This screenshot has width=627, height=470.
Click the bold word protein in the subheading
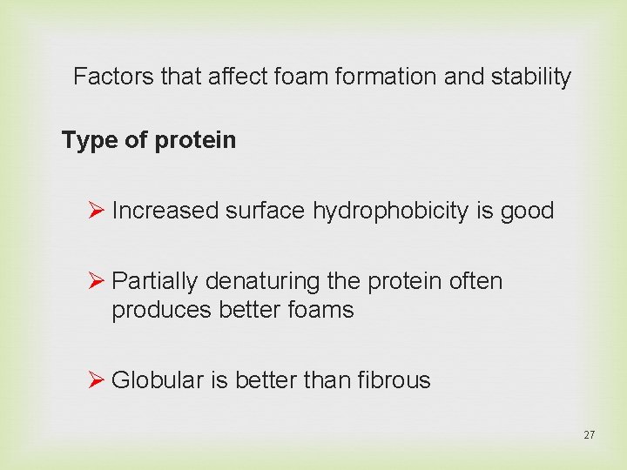196,141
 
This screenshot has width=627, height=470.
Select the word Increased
165,211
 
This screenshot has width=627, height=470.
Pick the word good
527,211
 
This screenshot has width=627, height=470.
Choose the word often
474,281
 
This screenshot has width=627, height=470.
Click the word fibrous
394,379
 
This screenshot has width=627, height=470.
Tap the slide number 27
589,434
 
